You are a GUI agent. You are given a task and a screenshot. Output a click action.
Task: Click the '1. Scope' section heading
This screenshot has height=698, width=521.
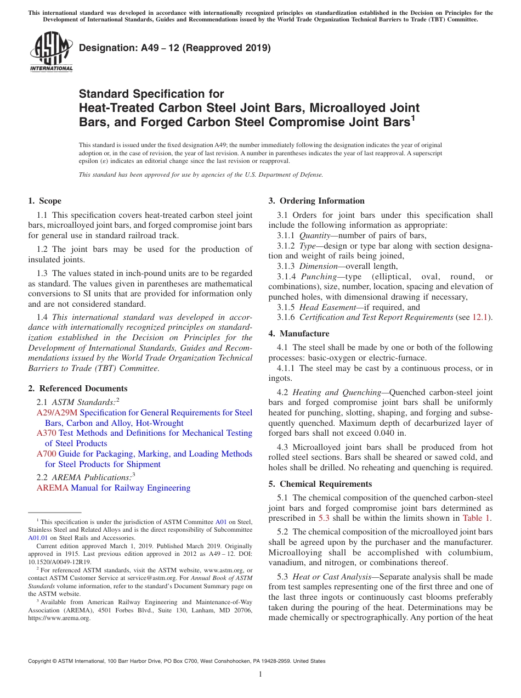(x=44, y=201)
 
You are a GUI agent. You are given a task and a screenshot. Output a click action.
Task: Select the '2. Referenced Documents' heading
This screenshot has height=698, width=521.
(x=77, y=389)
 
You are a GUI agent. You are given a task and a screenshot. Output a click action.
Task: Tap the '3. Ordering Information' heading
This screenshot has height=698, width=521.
(x=316, y=201)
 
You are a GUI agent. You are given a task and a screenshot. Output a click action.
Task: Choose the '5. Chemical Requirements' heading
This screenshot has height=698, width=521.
(x=320, y=484)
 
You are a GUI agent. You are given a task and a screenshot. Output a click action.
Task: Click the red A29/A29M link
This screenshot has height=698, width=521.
(x=57, y=413)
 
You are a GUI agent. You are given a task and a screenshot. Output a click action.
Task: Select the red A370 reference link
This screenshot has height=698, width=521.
(x=46, y=434)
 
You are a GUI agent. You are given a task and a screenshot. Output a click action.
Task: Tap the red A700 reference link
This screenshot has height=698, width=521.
(x=46, y=454)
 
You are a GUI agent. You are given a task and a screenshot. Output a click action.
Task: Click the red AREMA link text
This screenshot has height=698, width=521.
(x=53, y=488)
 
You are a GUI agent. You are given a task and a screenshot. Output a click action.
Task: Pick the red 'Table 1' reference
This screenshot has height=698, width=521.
(x=477, y=518)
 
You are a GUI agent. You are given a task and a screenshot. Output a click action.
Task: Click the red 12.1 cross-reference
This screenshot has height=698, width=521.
(x=483, y=317)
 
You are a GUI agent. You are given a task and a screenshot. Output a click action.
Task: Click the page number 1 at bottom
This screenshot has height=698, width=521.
(x=260, y=674)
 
